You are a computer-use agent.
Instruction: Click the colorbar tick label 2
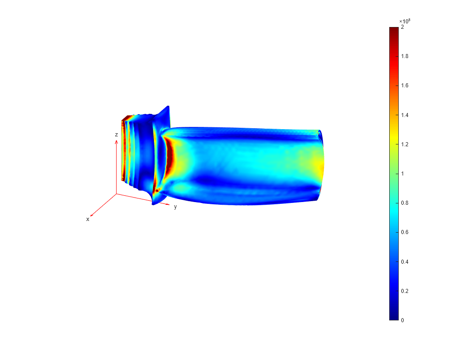[x=402, y=27]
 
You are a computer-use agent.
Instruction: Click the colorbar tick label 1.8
[x=404, y=56]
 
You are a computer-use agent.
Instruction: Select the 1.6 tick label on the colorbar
[x=404, y=85]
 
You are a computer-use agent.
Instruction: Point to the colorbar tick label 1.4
[x=404, y=115]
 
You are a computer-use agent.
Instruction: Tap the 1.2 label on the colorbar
[x=404, y=144]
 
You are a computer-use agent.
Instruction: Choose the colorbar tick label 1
[x=402, y=174]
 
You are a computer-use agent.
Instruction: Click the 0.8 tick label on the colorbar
[x=404, y=203]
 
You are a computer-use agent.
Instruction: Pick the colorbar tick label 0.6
[x=404, y=232]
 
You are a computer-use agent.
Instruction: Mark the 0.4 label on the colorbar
[x=404, y=261]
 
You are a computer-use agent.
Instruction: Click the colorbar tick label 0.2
[x=404, y=291]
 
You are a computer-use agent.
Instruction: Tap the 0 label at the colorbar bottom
[x=402, y=320]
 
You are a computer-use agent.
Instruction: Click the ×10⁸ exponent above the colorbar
[x=405, y=21]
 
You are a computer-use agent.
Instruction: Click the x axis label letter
[x=88, y=219]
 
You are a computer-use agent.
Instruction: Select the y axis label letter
[x=175, y=207]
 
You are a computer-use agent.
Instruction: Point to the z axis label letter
[x=116, y=135]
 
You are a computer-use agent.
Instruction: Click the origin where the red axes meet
[x=117, y=194]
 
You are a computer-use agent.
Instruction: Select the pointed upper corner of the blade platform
[x=168, y=107]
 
